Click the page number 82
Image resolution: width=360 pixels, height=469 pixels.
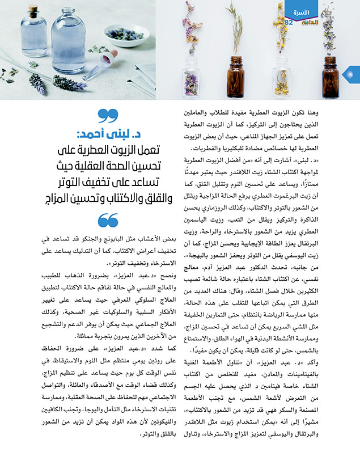pos(289,23)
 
